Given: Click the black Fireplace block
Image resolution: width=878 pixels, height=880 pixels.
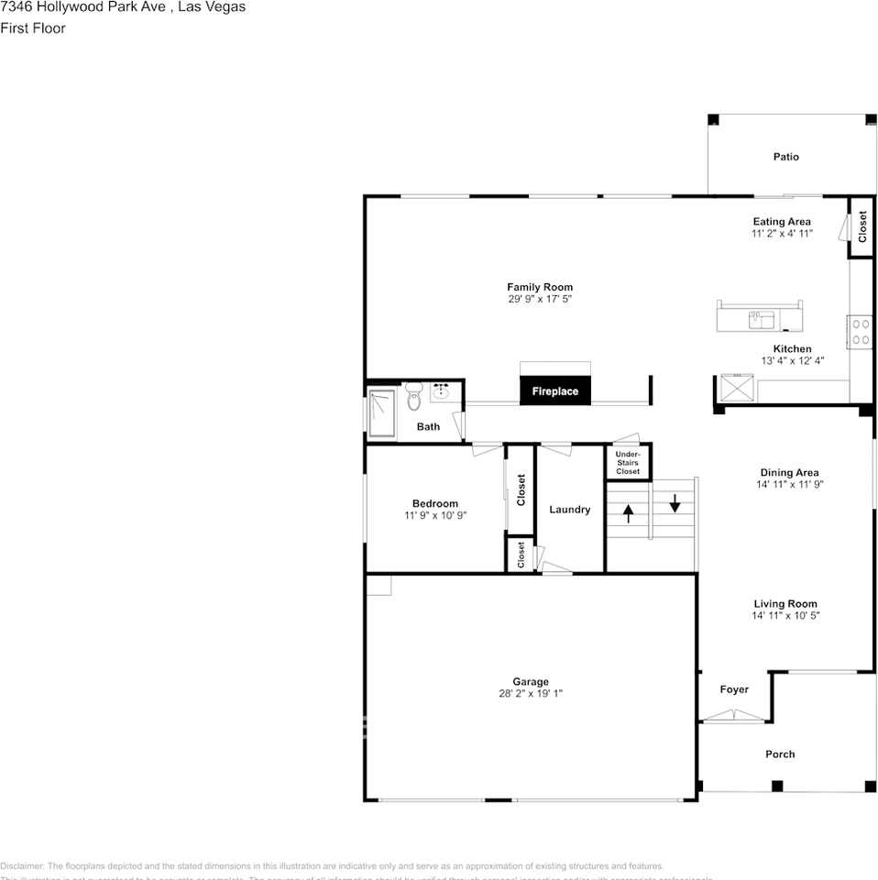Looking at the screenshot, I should click(555, 390).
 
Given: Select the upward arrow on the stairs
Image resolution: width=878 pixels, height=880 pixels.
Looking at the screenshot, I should click(629, 513).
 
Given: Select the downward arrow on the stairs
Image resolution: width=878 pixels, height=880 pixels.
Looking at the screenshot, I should click(675, 503).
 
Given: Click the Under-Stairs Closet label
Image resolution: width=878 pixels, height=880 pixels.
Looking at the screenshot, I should click(628, 463).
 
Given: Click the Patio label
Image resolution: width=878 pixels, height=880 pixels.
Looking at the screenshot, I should click(785, 157).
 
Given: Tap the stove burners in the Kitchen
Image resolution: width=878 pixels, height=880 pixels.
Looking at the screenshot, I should click(861, 331).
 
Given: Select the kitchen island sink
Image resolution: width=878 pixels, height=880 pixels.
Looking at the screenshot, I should click(762, 319).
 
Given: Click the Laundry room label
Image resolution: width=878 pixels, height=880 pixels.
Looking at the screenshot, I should click(569, 510).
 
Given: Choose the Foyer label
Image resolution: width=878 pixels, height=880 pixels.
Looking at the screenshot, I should click(734, 689).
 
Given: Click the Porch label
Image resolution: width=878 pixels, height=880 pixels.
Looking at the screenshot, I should click(780, 754).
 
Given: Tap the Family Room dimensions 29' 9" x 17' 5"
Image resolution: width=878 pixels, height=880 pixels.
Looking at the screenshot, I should click(540, 299).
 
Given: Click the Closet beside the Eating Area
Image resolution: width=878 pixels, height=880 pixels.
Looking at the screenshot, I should click(862, 227).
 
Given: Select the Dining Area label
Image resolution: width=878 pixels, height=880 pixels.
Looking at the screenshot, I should click(789, 473).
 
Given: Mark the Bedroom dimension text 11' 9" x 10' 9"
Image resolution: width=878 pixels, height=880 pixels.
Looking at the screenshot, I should click(435, 515).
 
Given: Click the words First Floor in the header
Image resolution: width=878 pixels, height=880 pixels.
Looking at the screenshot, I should click(33, 28).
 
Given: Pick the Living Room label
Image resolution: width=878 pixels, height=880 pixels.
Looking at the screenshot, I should click(785, 604).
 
